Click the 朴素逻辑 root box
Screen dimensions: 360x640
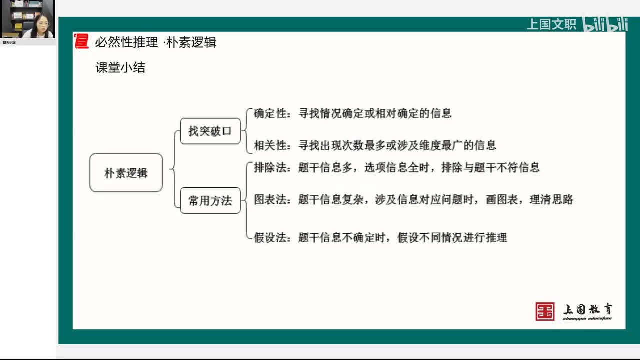(126, 173)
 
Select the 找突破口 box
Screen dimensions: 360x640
(210, 131)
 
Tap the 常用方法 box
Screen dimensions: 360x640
(210, 200)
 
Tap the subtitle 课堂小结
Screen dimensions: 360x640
(120, 68)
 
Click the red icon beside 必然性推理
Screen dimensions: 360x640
(81, 42)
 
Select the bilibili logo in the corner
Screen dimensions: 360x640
(605, 24)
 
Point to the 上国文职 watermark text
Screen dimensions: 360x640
(551, 24)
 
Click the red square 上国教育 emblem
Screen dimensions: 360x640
(545, 311)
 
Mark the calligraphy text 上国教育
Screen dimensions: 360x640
(588, 310)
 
